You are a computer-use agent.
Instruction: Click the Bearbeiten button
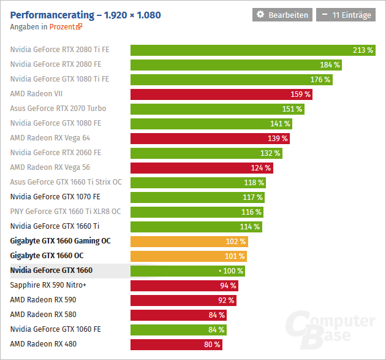(282, 15)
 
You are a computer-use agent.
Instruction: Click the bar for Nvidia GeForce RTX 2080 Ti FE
(252, 50)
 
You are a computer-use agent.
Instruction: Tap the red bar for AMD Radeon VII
(221, 94)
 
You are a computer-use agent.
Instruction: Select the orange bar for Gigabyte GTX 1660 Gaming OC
(189, 241)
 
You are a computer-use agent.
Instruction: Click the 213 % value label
(363, 50)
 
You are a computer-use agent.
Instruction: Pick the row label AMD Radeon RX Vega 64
(50, 138)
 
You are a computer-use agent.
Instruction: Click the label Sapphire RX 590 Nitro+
(48, 285)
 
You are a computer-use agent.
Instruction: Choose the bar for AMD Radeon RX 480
(176, 344)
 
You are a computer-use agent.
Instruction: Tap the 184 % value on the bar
(330, 64)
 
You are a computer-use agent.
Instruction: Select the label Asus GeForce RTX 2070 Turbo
(58, 109)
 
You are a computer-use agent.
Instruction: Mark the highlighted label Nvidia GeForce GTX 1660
(51, 270)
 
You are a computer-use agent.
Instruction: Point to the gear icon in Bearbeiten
(260, 15)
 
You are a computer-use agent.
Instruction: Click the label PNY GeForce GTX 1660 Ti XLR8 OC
(65, 212)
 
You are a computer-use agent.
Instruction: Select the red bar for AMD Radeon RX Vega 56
(202, 167)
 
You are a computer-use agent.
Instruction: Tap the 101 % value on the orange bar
(234, 256)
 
